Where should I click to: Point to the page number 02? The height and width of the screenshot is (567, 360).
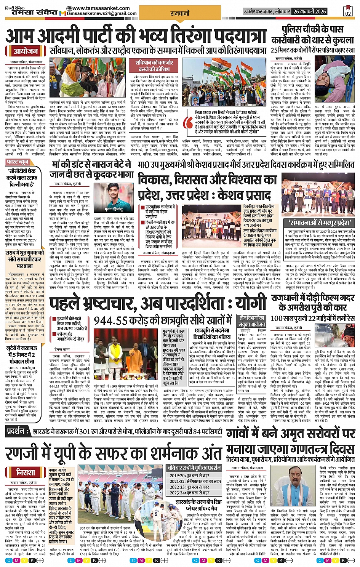coord(347,13)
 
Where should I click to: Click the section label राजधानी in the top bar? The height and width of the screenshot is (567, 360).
coord(180,13)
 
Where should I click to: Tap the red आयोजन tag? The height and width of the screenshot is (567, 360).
coord(26,51)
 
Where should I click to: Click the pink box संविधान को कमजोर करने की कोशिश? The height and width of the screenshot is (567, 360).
coord(154,66)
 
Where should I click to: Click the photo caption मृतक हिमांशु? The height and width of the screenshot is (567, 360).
coord(114,209)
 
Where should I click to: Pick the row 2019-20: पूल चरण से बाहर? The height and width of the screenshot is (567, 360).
coord(195,476)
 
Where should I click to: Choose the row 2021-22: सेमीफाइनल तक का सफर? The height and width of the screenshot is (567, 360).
coord(195,481)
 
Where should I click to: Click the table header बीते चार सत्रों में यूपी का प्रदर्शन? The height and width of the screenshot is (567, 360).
coord(195,468)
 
